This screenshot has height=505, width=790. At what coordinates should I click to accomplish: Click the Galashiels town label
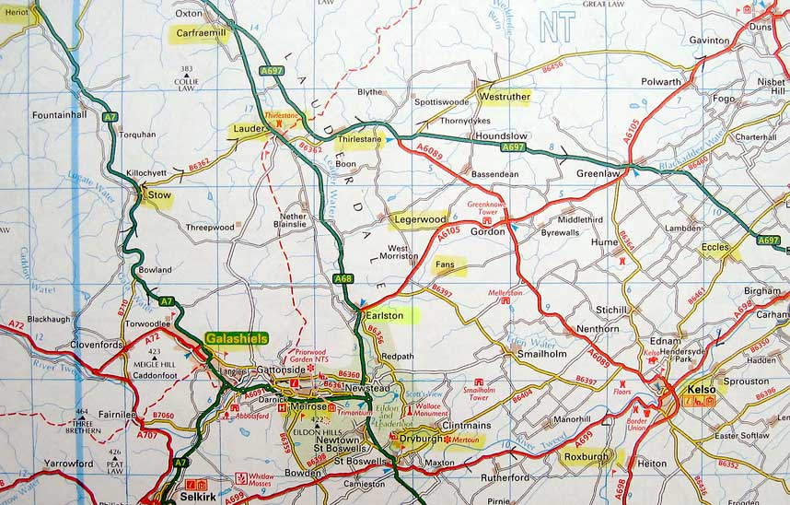[237, 338]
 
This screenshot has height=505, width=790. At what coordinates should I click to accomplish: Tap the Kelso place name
[696, 389]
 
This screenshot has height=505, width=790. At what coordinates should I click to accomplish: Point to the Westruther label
[505, 96]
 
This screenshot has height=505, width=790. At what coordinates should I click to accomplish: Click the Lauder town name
[249, 129]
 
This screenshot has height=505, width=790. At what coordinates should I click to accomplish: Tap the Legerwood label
[420, 219]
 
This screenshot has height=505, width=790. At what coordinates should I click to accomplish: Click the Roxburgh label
[590, 455]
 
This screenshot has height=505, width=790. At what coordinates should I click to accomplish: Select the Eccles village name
[714, 247]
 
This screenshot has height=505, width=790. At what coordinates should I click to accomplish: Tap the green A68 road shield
[343, 279]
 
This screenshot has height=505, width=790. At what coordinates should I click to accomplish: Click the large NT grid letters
[557, 28]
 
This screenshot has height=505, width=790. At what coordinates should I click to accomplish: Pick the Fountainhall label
[59, 115]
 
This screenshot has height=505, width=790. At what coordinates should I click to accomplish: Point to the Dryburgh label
[419, 440]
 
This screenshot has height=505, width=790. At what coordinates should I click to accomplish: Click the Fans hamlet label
[446, 266]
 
